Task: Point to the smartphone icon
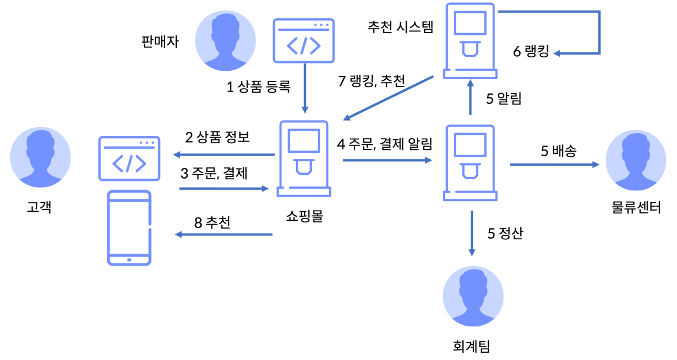(129, 227)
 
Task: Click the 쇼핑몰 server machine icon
(303, 158)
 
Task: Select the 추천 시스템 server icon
(470, 41)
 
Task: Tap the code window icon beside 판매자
(303, 40)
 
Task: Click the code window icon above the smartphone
(129, 158)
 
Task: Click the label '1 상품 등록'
(258, 87)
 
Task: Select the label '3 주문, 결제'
(213, 174)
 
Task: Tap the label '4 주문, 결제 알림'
(384, 144)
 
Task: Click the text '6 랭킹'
(530, 52)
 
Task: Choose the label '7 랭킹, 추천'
(371, 81)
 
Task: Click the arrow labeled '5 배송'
(554, 165)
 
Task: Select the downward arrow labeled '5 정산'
(472, 233)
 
